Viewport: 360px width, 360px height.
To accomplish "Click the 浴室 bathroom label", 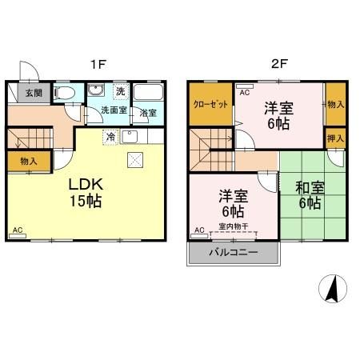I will coord(148,113).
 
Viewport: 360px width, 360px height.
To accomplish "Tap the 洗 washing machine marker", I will coord(119,92).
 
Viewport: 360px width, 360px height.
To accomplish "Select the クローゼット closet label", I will coord(209,104).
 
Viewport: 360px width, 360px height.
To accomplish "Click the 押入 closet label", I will coord(335,138).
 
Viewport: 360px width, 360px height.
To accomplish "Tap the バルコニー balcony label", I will coord(234,253).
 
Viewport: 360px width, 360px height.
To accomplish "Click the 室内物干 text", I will coord(233,226).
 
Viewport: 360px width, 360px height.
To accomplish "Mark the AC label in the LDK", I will coord(17,230).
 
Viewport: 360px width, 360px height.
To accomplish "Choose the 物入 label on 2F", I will coord(335,104).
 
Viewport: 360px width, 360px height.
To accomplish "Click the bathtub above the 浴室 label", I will coord(147,92).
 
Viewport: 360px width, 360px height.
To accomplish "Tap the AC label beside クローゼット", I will coord(243,90).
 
